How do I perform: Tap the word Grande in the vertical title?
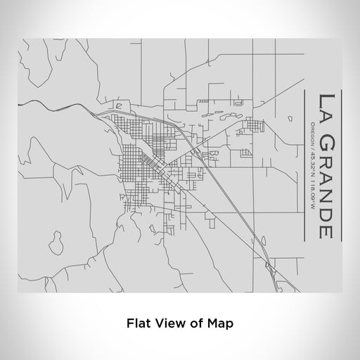point(326,183)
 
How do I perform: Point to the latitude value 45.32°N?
point(311,162)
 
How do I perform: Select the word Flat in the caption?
point(137,324)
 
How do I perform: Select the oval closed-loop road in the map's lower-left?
point(56,243)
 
